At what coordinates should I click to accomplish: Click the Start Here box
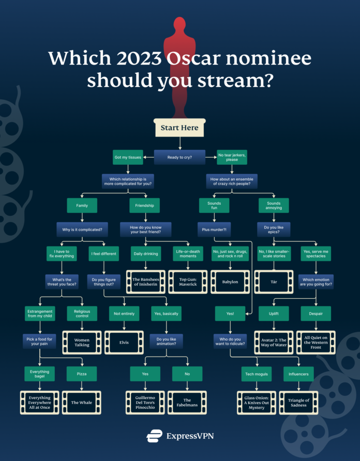coord(179,127)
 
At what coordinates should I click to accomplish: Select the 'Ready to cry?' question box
coord(179,157)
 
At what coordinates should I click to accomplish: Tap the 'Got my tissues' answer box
coord(125,157)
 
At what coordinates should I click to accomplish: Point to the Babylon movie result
coord(231,282)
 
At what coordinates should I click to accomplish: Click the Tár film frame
coord(274,282)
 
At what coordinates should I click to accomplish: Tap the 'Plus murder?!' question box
coord(214,229)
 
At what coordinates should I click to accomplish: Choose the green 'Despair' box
coord(317,314)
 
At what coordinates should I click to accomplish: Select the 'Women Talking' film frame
coord(82,342)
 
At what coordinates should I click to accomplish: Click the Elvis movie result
coord(125,342)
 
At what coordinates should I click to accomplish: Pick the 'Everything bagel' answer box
coord(40,374)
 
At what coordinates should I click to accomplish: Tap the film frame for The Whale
coord(82,402)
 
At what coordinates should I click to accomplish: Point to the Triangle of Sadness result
coord(299,402)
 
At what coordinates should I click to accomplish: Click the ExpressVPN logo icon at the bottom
coord(154,436)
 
